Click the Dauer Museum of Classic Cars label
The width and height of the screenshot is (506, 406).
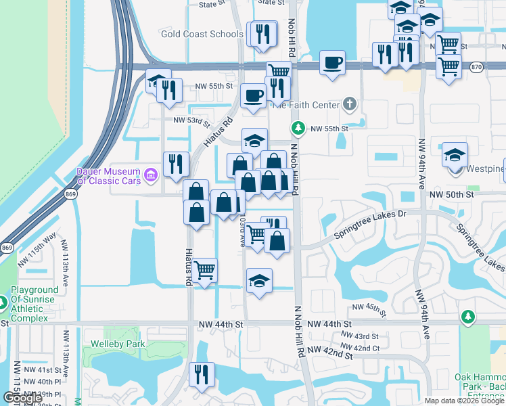click(x=108, y=176)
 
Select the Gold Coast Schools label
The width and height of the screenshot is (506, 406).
click(x=202, y=34)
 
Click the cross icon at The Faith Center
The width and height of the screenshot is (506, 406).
click(x=349, y=104)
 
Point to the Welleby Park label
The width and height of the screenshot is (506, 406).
click(x=124, y=344)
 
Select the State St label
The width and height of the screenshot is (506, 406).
click(x=212, y=4)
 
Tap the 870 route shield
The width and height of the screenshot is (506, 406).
click(x=476, y=67)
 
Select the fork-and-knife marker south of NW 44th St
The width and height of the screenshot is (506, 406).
click(x=201, y=374)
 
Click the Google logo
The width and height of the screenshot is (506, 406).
click(x=23, y=398)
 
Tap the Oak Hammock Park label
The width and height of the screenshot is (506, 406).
click(x=480, y=377)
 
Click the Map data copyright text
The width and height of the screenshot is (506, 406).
click(x=464, y=401)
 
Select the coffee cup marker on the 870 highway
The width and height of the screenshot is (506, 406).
click(x=331, y=63)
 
